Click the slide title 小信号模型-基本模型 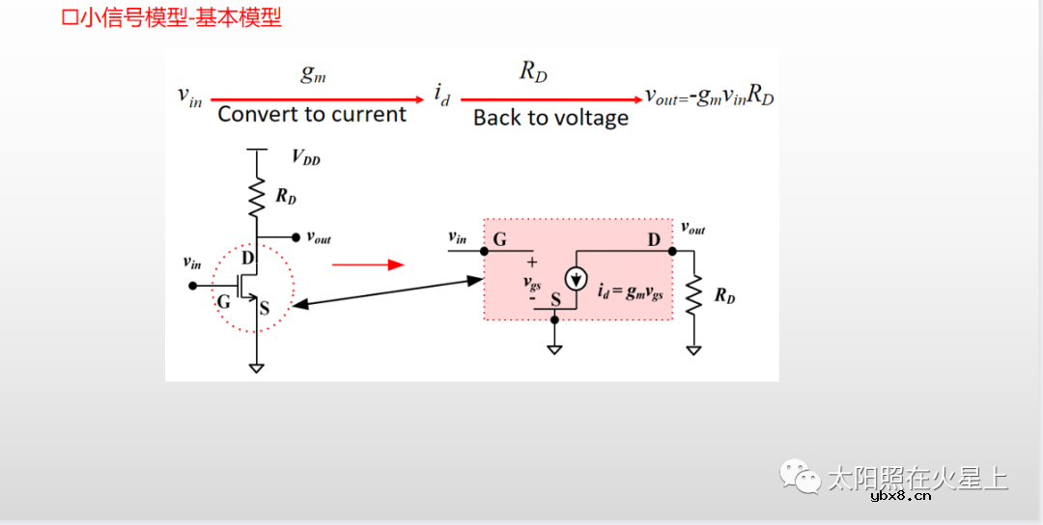172,17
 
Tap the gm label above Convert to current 313,74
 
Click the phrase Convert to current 312,114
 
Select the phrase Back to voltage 550,118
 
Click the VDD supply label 305,159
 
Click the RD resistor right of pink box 693,295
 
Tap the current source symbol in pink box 576,279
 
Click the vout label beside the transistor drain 319,237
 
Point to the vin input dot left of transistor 193,286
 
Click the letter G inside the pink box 499,239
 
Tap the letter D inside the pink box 654,239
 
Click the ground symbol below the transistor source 257,367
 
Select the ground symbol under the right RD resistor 693,350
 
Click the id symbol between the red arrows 441,97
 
